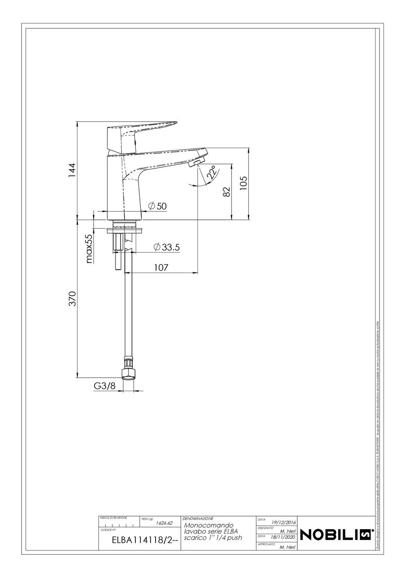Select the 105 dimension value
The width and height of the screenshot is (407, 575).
pyautogui.click(x=243, y=183)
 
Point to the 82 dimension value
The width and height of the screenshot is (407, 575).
pyautogui.click(x=226, y=192)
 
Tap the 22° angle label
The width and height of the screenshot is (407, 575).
pyautogui.click(x=212, y=173)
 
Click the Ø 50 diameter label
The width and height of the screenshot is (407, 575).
pyautogui.click(x=157, y=206)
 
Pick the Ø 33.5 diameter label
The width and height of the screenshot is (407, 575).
pyautogui.click(x=167, y=247)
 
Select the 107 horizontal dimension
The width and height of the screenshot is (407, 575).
pyautogui.click(x=161, y=267)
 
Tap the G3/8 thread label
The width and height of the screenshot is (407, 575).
pyautogui.click(x=104, y=386)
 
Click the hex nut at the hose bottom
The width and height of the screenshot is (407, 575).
pyautogui.click(x=128, y=373)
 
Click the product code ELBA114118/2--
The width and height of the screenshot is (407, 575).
pyautogui.click(x=139, y=541)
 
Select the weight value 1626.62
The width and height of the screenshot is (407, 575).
pyautogui.click(x=164, y=523)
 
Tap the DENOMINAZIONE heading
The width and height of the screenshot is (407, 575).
pyautogui.click(x=198, y=518)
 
